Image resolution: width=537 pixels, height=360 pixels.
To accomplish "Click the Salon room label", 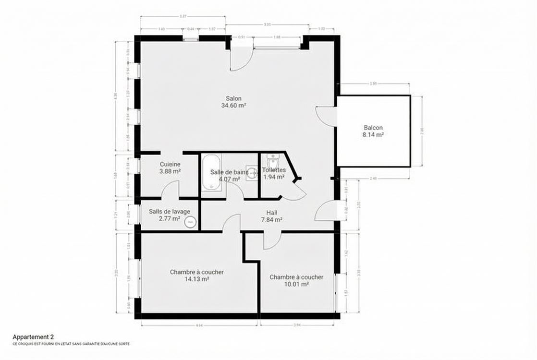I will point(233,98).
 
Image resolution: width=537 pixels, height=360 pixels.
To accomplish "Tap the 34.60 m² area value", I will point(233,105).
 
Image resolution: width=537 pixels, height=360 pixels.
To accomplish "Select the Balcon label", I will point(373,128).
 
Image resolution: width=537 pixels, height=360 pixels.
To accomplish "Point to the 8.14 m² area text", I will point(373,135).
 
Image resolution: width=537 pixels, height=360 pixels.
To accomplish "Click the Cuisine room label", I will point(170,164).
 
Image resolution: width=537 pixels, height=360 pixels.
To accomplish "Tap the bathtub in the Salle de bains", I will point(211,172).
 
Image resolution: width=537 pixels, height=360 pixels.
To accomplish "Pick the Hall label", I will point(272,213).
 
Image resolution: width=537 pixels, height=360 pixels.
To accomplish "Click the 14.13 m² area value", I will point(196,279).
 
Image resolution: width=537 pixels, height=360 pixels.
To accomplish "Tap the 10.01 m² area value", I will point(296,284).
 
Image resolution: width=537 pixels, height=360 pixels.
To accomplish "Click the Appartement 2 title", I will point(34,337).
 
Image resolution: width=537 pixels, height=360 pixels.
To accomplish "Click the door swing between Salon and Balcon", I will point(326,116).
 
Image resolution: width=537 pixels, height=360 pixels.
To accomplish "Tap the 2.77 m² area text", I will point(169,218).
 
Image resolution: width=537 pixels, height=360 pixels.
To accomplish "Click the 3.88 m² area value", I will point(170,171).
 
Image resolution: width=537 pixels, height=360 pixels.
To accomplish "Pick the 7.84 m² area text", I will point(271,219).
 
